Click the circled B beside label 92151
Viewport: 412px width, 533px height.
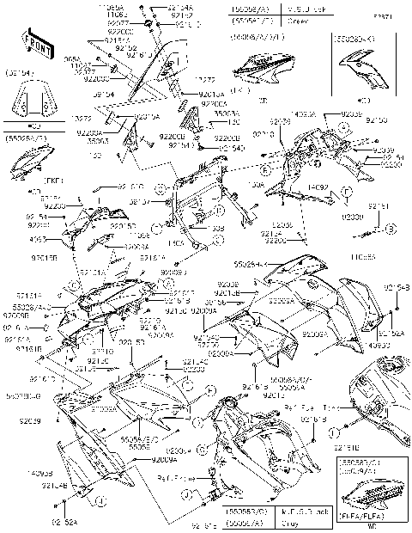390,229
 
